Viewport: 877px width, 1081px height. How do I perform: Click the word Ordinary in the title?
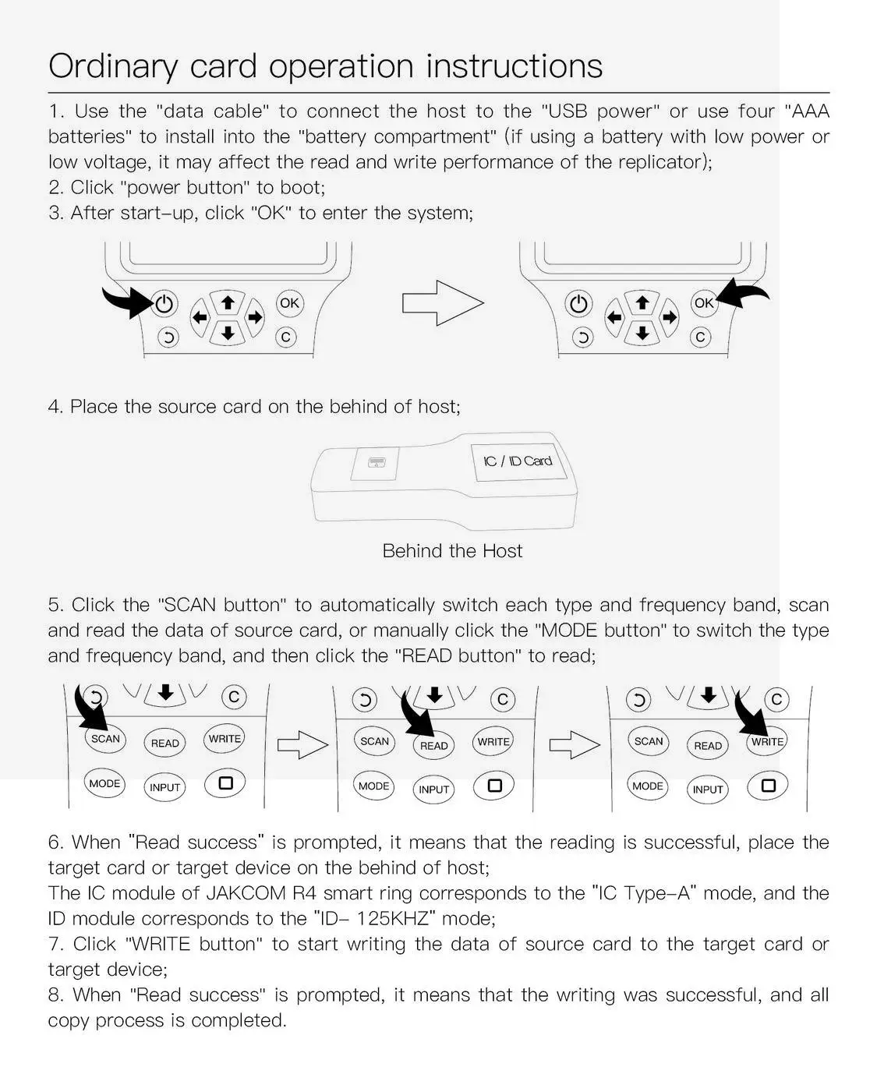click(113, 67)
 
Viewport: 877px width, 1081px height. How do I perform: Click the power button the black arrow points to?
click(164, 303)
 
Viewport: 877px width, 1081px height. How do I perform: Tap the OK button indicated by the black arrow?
click(703, 302)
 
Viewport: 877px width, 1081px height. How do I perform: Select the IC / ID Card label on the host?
click(517, 461)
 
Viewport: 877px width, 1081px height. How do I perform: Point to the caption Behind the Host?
click(452, 551)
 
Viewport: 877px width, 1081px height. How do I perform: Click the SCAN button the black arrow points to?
click(105, 738)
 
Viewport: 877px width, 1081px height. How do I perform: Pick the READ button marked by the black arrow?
click(433, 745)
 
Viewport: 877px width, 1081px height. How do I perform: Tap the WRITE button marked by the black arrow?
click(767, 741)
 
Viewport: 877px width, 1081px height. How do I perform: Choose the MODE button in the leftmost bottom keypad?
click(104, 783)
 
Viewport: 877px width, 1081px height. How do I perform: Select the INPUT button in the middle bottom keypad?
click(433, 789)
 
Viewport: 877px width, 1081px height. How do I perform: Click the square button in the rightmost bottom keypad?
click(768, 786)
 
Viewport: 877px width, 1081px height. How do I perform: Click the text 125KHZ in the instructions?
click(393, 919)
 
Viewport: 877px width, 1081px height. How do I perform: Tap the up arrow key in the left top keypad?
click(228, 302)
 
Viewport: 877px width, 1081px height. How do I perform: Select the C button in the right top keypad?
click(700, 337)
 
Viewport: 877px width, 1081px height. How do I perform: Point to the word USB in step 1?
click(568, 111)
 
